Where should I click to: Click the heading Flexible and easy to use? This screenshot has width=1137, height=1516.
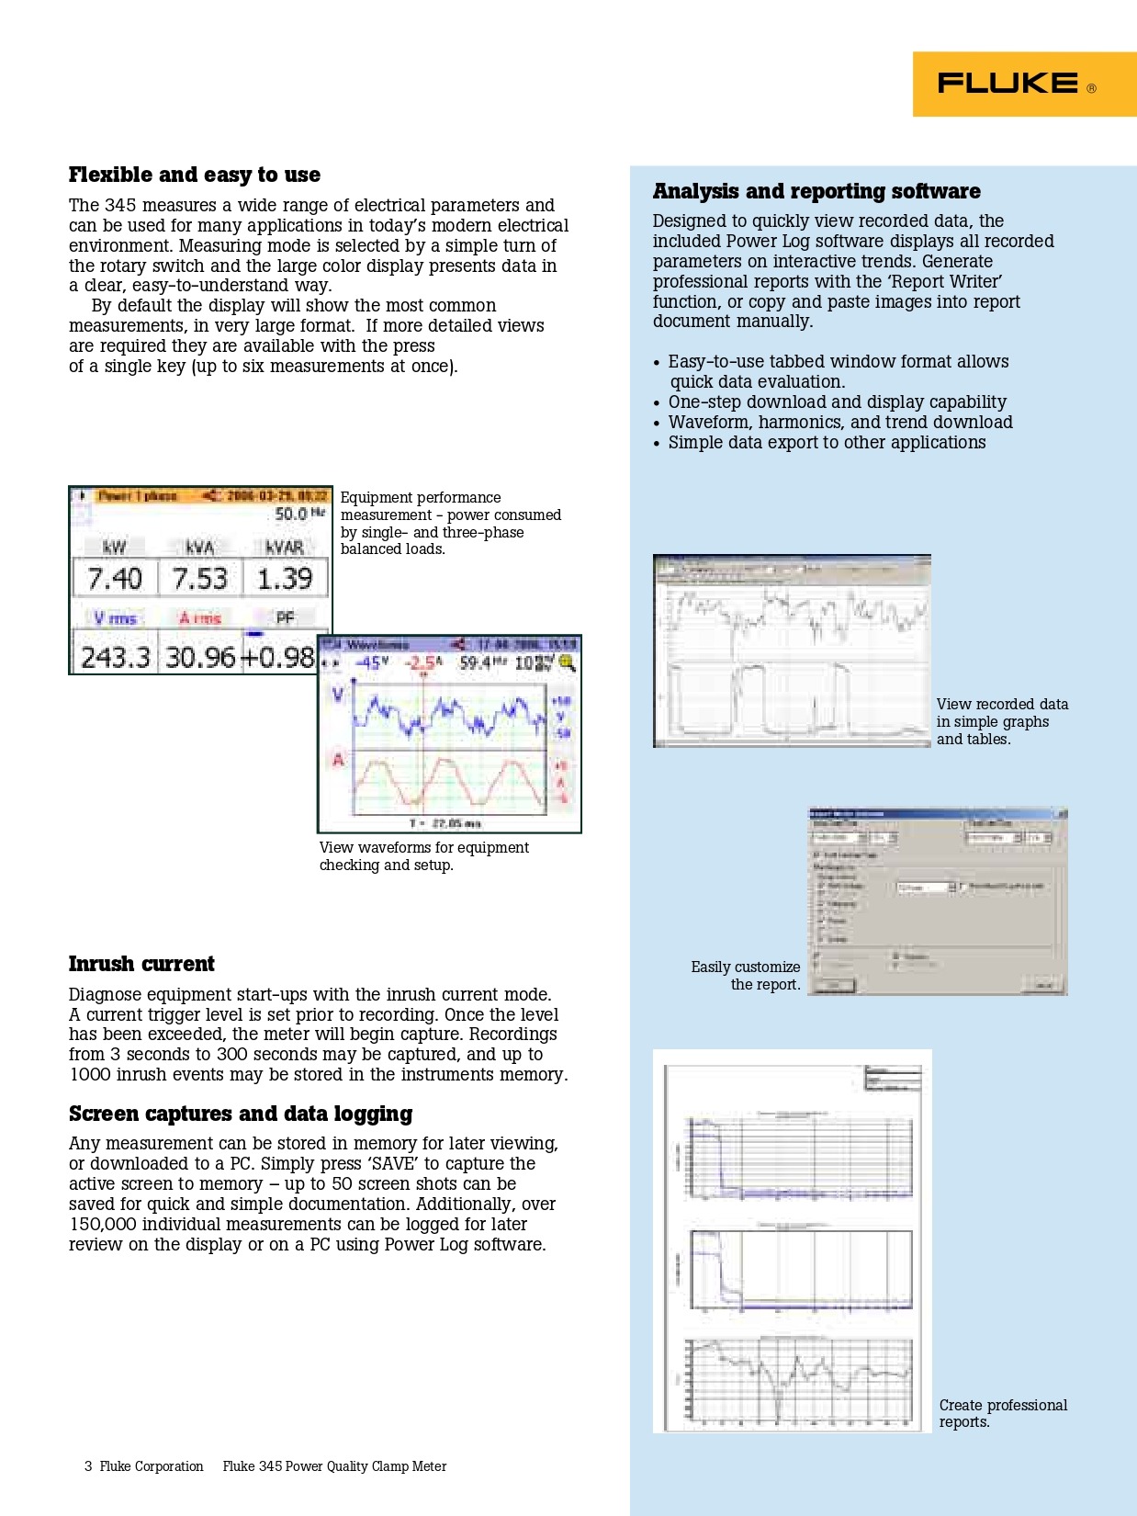(x=195, y=175)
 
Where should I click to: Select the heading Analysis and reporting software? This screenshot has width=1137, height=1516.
(x=816, y=191)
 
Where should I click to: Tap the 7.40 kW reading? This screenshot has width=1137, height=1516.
(x=115, y=579)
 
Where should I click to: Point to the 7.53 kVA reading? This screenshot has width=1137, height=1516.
(x=199, y=579)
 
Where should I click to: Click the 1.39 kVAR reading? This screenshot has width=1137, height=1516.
(x=285, y=579)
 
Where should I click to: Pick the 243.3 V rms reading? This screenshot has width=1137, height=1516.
(x=116, y=657)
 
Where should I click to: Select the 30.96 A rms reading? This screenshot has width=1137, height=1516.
(x=200, y=657)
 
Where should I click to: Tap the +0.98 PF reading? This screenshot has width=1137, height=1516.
(x=277, y=657)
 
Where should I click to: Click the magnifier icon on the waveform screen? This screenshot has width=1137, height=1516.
(x=567, y=662)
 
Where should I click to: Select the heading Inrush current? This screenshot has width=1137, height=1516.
(x=141, y=964)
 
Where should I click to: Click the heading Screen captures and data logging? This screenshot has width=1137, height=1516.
(x=241, y=1114)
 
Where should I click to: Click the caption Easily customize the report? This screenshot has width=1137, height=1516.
(x=746, y=976)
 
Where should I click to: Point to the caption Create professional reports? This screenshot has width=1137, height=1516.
(x=1002, y=1413)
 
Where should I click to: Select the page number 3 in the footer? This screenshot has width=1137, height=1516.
(x=88, y=1466)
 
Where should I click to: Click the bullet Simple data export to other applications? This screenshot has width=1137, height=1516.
(x=827, y=443)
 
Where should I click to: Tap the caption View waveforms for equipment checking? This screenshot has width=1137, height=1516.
(x=423, y=856)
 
